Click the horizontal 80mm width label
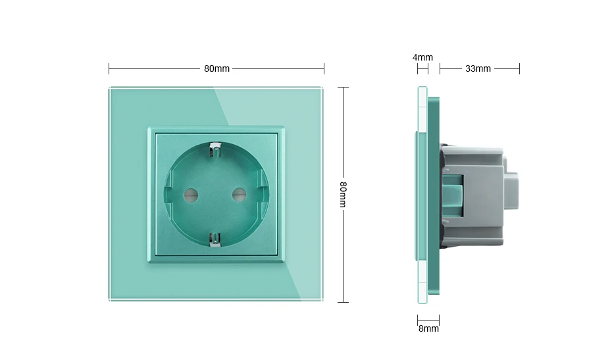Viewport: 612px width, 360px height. [217, 68]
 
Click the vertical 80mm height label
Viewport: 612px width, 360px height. [343, 194]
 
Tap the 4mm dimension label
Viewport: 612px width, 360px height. [422, 57]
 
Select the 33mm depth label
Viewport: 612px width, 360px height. [478, 68]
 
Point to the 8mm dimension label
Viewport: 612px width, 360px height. [428, 329]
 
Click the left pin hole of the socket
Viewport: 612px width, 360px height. [191, 194]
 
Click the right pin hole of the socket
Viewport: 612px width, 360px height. [239, 194]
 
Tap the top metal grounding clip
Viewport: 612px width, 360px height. [215, 149]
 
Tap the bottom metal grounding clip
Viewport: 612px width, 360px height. [215, 240]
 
